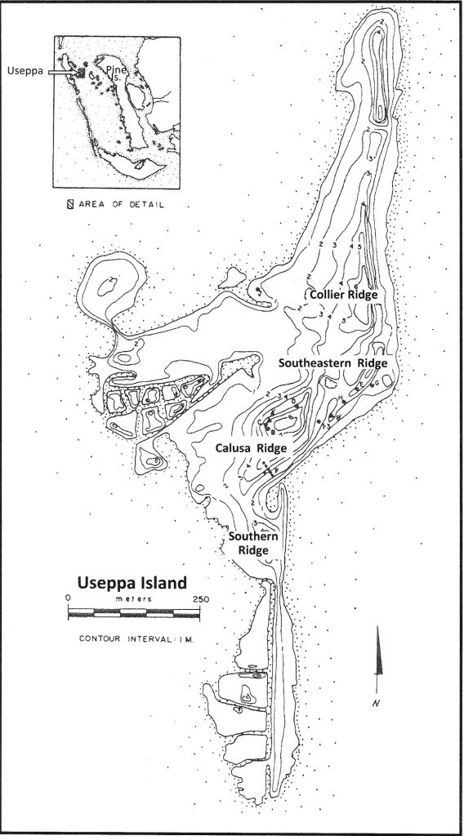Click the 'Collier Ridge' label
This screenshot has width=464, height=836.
click(x=343, y=295)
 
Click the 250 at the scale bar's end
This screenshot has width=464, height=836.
click(x=201, y=598)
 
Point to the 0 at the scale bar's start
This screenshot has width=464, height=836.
click(x=69, y=598)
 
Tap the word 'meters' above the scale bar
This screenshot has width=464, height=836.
click(x=131, y=599)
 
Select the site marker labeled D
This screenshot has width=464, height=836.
click(x=295, y=405)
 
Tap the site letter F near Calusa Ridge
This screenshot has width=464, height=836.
click(x=275, y=473)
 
